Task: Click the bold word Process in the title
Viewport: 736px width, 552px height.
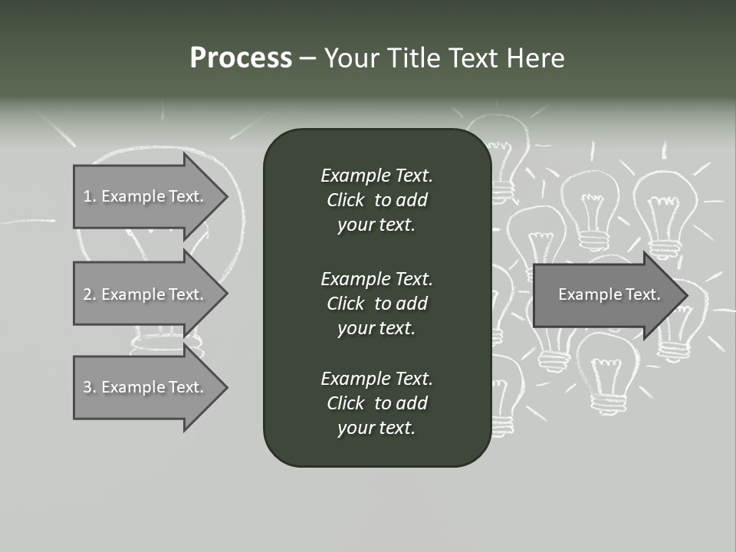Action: (x=241, y=58)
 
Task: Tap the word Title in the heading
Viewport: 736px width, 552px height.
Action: (x=414, y=58)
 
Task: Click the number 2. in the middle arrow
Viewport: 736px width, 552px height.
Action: (x=90, y=294)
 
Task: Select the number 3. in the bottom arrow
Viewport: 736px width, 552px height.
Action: (x=90, y=387)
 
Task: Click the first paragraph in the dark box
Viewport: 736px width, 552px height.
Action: (x=376, y=200)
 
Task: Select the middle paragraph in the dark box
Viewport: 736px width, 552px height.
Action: (x=376, y=303)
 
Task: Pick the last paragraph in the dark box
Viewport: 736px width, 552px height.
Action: (x=376, y=403)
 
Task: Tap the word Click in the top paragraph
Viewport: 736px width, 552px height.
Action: (x=345, y=200)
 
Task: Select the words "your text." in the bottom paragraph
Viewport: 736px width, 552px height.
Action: (x=376, y=428)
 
